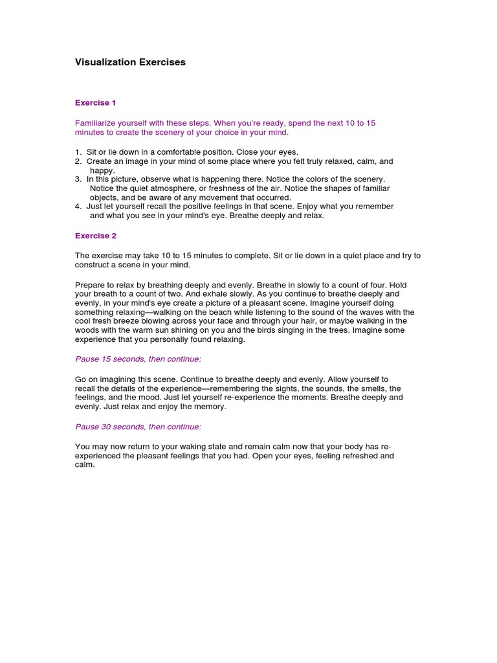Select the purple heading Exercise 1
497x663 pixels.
pyautogui.click(x=95, y=102)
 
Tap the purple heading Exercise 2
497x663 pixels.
pyautogui.click(x=95, y=236)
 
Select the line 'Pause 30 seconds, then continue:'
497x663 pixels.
pyautogui.click(x=138, y=427)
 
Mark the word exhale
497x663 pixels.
pyautogui.click(x=208, y=294)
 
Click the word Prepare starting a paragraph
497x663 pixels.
pyautogui.click(x=90, y=285)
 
